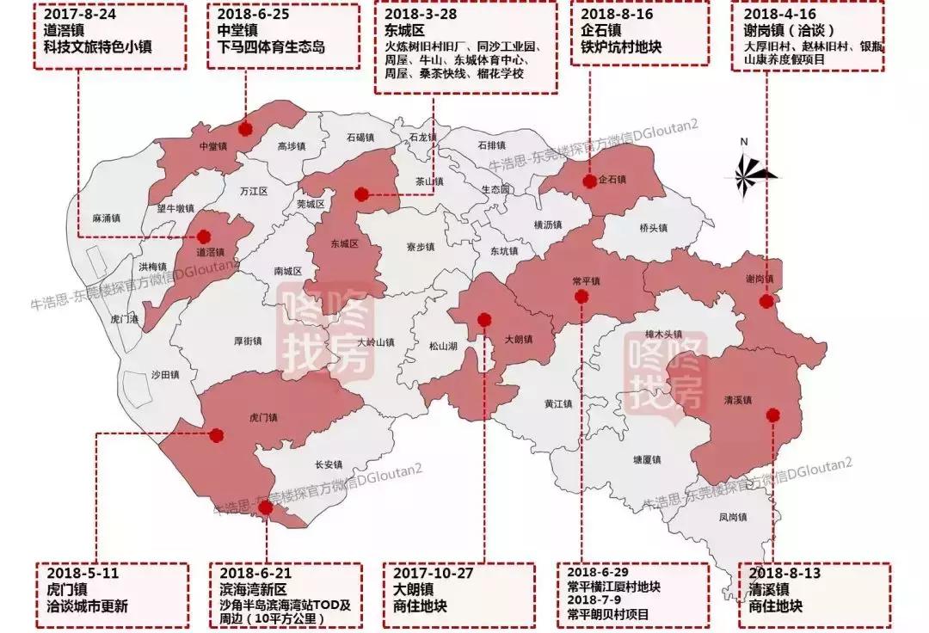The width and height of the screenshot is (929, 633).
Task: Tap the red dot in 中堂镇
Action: pos(246,129)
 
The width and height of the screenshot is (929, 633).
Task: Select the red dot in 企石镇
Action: pos(589,181)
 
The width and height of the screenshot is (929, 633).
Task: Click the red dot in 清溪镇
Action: pos(772,415)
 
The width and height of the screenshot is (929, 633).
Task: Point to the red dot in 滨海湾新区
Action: pos(266,508)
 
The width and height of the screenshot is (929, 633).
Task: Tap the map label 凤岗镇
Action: pos(733,517)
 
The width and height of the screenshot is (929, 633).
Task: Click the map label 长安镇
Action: pos(329,464)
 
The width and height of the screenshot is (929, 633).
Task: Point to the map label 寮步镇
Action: pos(421,247)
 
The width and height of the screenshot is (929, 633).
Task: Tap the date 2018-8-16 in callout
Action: pos(616,15)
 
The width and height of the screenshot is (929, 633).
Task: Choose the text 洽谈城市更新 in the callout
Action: pos(88,605)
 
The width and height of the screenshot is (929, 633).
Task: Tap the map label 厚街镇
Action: pos(248,341)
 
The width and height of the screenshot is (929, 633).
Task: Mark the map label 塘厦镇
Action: pos(646,459)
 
